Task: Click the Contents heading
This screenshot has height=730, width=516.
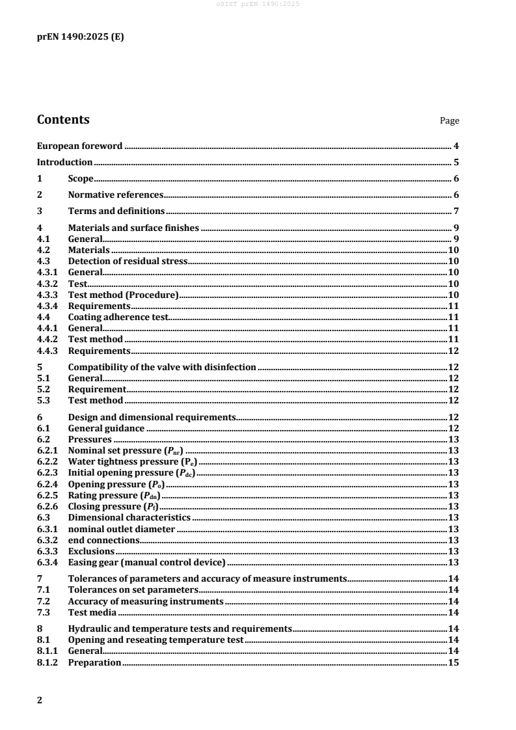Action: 63,120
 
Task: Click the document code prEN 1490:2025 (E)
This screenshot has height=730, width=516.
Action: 80,37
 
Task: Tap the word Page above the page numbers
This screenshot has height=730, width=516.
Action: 450,121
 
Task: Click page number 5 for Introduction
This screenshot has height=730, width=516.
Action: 457,163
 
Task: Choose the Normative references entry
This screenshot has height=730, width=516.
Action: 115,195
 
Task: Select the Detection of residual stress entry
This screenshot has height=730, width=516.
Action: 128,261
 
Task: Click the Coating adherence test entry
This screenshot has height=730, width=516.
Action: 118,317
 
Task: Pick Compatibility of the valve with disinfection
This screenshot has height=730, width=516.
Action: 162,367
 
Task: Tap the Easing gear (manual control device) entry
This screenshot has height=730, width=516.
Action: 146,562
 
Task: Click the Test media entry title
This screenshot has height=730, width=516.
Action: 92,612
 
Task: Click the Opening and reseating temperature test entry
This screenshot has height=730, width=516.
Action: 156,640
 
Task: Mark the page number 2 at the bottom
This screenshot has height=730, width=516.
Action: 40,700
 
